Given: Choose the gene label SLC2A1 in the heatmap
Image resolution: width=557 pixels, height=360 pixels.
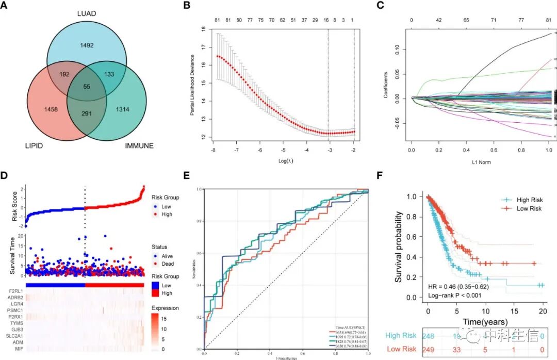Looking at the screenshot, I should [13, 337].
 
